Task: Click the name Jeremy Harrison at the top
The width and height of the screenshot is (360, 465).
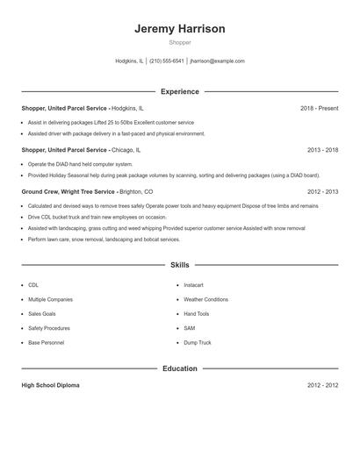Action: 179,29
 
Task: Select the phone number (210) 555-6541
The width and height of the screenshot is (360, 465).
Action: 166,61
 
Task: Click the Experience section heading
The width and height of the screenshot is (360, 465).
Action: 179,91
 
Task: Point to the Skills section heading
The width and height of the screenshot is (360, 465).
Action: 179,264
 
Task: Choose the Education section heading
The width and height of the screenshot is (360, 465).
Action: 179,368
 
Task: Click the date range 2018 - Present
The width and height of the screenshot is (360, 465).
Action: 319,108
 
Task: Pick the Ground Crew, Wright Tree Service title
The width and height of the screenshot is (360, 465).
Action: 68,191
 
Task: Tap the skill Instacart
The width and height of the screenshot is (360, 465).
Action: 194,285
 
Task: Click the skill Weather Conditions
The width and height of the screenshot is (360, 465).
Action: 205,299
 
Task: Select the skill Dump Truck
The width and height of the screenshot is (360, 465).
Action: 198,342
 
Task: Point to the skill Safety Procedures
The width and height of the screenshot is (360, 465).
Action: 48,328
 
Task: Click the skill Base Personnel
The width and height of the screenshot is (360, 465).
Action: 46,342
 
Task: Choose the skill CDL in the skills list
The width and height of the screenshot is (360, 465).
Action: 33,285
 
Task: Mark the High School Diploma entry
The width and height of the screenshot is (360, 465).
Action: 53,385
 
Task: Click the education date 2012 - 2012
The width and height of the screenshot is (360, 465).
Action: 322,385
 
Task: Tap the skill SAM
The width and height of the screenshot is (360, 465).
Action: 189,328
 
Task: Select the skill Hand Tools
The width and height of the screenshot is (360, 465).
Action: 197,313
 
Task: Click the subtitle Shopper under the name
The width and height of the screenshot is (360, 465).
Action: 179,42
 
